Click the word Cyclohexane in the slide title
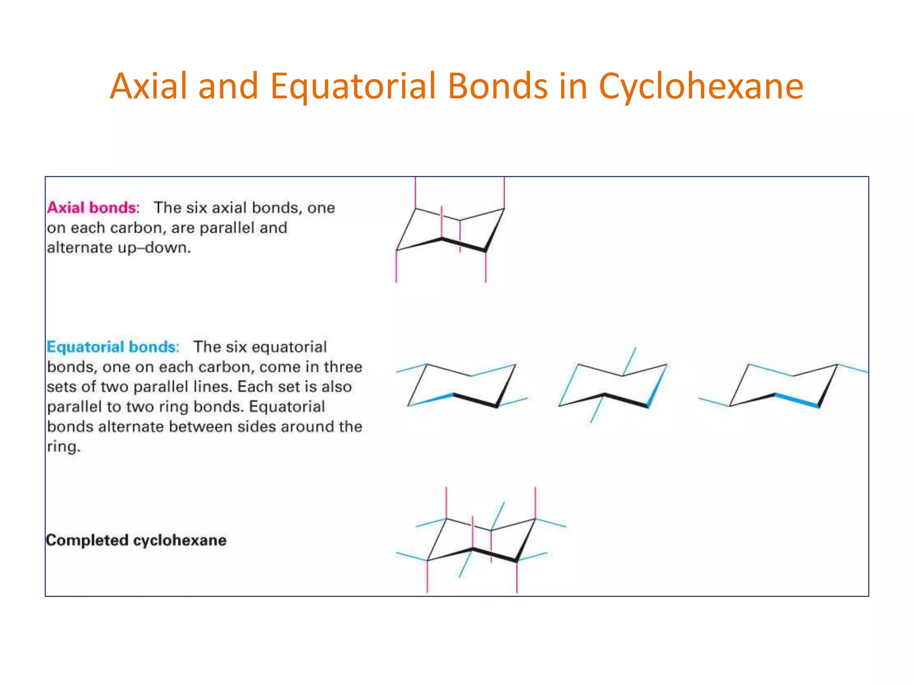tap(701, 86)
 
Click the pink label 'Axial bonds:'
tap(93, 208)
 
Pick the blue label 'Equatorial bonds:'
tap(113, 347)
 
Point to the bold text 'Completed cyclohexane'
tap(136, 540)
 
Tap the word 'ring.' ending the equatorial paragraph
tap(64, 446)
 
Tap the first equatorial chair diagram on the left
tap(462, 385)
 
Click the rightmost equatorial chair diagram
tap(784, 385)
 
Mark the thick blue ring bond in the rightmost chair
tap(797, 400)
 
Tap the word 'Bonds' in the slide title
tap(498, 86)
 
